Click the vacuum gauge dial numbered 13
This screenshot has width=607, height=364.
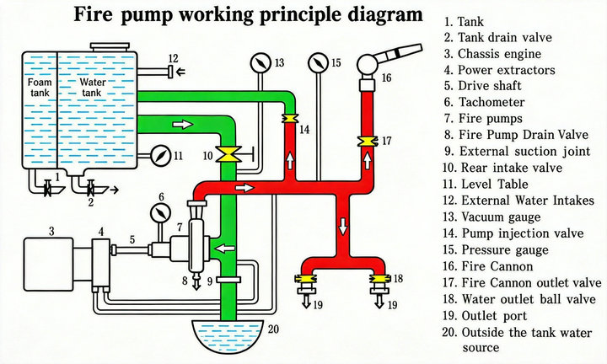(261, 62)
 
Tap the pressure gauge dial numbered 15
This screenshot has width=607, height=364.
(319, 62)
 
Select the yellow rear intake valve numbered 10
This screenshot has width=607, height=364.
(228, 154)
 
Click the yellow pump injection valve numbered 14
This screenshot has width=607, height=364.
(290, 118)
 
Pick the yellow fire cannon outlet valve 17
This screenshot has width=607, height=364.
(367, 142)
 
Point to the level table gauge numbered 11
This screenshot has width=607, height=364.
(160, 156)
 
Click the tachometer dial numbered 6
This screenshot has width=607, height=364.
(160, 213)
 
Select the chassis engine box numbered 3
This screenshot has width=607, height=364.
(48, 264)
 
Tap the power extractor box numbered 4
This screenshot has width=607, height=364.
(101, 263)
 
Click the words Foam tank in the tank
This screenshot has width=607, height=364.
(40, 88)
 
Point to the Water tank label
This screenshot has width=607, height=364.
(93, 88)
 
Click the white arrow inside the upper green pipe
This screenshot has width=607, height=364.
(182, 124)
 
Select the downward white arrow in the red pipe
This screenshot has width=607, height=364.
(342, 227)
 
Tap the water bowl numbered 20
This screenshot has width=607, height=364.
(228, 335)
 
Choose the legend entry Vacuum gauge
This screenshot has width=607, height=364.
(492, 217)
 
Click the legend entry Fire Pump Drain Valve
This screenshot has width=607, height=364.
(517, 135)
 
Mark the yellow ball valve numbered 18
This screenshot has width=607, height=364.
(380, 279)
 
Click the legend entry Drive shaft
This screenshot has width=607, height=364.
(483, 85)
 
